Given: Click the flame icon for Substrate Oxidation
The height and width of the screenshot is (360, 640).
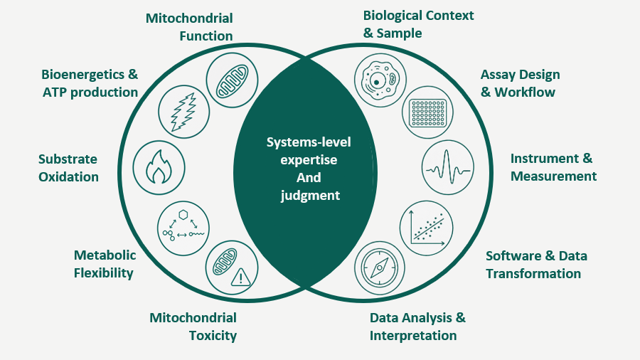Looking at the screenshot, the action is [159, 167].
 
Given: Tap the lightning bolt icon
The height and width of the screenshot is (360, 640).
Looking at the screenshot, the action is [183, 112].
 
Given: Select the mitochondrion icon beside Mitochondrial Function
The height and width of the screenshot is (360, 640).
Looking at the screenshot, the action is [232, 80].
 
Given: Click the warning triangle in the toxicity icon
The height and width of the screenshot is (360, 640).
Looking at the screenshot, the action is [241, 277].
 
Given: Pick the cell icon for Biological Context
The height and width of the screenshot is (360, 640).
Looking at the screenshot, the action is [380, 80].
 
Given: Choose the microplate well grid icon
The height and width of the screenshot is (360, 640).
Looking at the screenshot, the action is [428, 112].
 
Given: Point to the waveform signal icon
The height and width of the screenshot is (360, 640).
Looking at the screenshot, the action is [448, 168].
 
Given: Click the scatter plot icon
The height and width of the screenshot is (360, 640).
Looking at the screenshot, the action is [427, 228].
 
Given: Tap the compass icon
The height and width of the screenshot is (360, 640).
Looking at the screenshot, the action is [380, 268].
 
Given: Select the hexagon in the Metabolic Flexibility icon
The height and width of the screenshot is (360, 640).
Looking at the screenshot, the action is [183, 214].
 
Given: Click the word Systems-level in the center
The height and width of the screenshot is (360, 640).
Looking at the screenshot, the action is [309, 142].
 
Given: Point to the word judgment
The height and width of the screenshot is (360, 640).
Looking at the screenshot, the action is [310, 196].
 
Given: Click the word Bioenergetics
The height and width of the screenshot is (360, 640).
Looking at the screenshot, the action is [84, 74].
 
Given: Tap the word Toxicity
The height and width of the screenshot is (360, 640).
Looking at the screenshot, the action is [213, 336].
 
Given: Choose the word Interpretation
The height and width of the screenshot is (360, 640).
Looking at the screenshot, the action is [413, 336].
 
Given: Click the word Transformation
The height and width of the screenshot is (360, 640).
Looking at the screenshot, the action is [533, 273].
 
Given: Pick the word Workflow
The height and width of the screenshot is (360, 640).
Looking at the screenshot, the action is [525, 92].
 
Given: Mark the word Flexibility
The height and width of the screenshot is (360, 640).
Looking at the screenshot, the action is [104, 272].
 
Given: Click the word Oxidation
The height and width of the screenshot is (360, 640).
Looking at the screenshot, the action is [68, 176].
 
